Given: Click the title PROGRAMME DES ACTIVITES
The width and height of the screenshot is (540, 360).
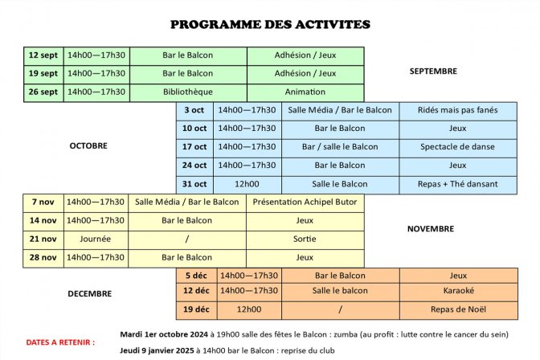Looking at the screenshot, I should coord(270,24).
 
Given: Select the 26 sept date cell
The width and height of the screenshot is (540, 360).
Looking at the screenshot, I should coord(43,92).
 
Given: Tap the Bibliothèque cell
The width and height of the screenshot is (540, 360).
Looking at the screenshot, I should coord(188,92).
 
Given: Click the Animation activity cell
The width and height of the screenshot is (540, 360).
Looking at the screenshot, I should coord(305,92).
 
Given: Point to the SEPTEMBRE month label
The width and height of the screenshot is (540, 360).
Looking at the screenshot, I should coord(433,71).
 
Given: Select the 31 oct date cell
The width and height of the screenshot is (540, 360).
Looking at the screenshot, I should coord(194,184).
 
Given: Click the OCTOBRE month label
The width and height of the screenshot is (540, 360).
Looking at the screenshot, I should coord(88,145).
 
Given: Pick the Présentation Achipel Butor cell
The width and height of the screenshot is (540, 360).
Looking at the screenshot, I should coord(305,202).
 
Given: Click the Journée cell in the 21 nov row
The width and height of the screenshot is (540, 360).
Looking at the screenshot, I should coord(96,239).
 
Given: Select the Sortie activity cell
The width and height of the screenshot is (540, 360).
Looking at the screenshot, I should coord(305,239).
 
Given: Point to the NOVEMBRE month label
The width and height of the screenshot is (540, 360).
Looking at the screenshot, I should coord(431,229).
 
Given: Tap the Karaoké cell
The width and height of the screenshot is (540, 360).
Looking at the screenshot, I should coord(458,291).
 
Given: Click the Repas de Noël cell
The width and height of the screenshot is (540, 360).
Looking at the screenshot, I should coord(458,309).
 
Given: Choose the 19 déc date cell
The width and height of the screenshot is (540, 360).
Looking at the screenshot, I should coord(196,309).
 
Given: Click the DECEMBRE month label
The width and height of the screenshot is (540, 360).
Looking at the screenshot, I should coord(89,293).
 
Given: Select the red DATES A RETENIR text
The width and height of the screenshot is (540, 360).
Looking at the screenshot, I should coord(60,342).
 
